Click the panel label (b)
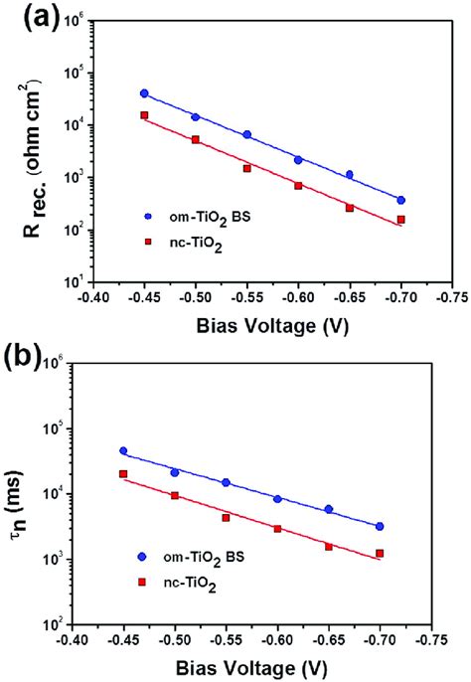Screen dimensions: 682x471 pyautogui.click(x=28, y=355)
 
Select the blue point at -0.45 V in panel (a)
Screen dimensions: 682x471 pyautogui.click(x=144, y=93)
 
